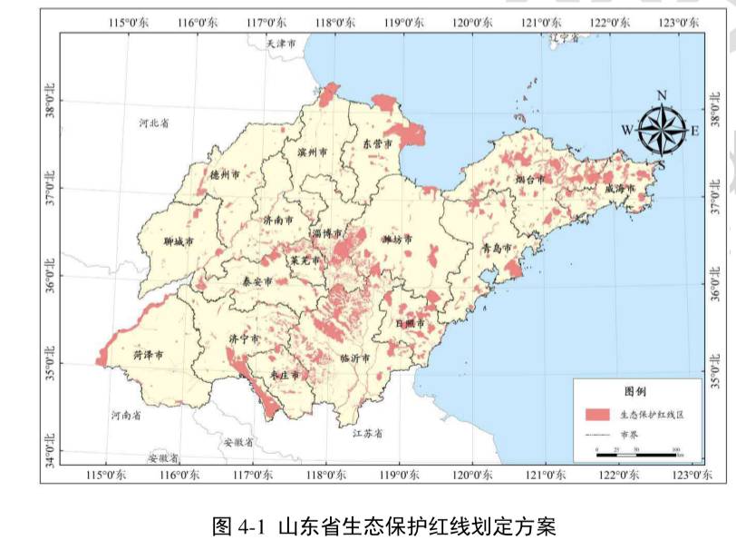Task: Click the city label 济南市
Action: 277,220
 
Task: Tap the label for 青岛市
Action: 496,247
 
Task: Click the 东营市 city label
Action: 377,144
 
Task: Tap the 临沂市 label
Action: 355,358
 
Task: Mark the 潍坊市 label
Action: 396,240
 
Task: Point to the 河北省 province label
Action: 153,123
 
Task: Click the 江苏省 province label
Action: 367,433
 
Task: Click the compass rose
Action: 662,130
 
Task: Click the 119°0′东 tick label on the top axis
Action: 401,21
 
